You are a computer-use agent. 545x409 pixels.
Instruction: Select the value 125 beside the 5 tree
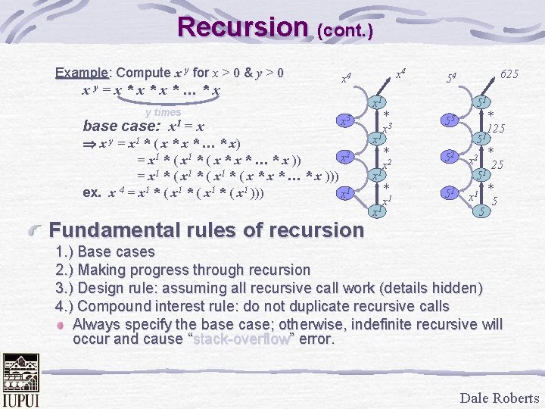point(496,129)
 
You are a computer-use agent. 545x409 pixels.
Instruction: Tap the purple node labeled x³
point(344,122)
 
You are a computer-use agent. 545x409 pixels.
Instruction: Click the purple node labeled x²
point(344,158)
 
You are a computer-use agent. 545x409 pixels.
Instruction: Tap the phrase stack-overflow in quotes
point(241,339)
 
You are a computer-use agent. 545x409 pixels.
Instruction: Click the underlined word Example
point(82,73)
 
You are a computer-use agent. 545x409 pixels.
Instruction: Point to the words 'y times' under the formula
point(163,112)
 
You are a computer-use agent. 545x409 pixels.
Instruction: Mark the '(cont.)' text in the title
point(345,31)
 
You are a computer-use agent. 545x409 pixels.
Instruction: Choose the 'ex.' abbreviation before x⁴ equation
point(92,192)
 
